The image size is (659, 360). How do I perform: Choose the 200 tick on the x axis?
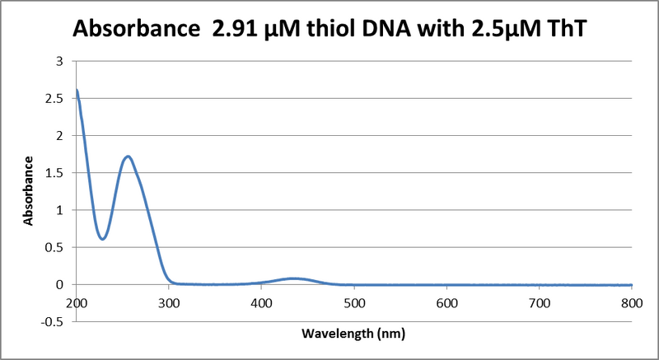pyautogui.click(x=77, y=302)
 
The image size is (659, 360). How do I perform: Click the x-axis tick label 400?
pyautogui.click(x=261, y=302)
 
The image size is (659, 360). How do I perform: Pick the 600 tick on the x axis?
pyautogui.click(x=446, y=302)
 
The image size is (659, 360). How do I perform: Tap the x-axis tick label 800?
pyautogui.click(x=632, y=302)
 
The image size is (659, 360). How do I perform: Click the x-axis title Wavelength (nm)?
pyautogui.click(x=354, y=335)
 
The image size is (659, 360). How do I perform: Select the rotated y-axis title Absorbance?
pyautogui.click(x=28, y=190)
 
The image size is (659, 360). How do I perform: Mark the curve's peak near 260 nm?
pyautogui.click(x=129, y=156)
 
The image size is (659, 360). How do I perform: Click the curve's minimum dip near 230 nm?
pyautogui.click(x=102, y=239)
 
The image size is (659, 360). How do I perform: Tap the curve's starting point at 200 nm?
pyautogui.click(x=77, y=91)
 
